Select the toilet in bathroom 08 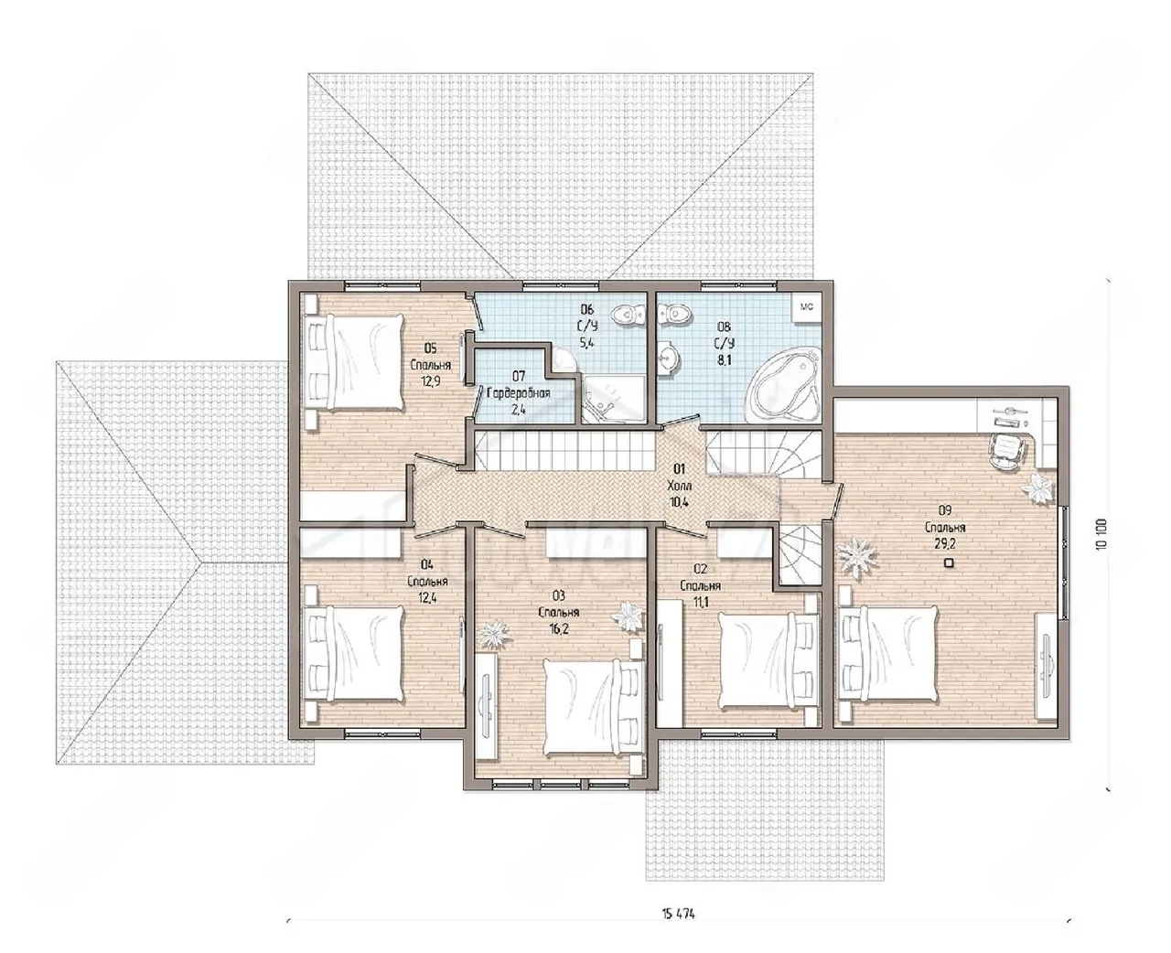click(x=673, y=315)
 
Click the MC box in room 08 click(x=807, y=306)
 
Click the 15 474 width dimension click(x=679, y=915)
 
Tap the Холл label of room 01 click(x=679, y=486)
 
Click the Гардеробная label click(x=519, y=393)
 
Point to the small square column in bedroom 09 click(x=948, y=562)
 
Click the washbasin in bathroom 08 click(x=668, y=358)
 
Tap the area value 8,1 click(x=724, y=360)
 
